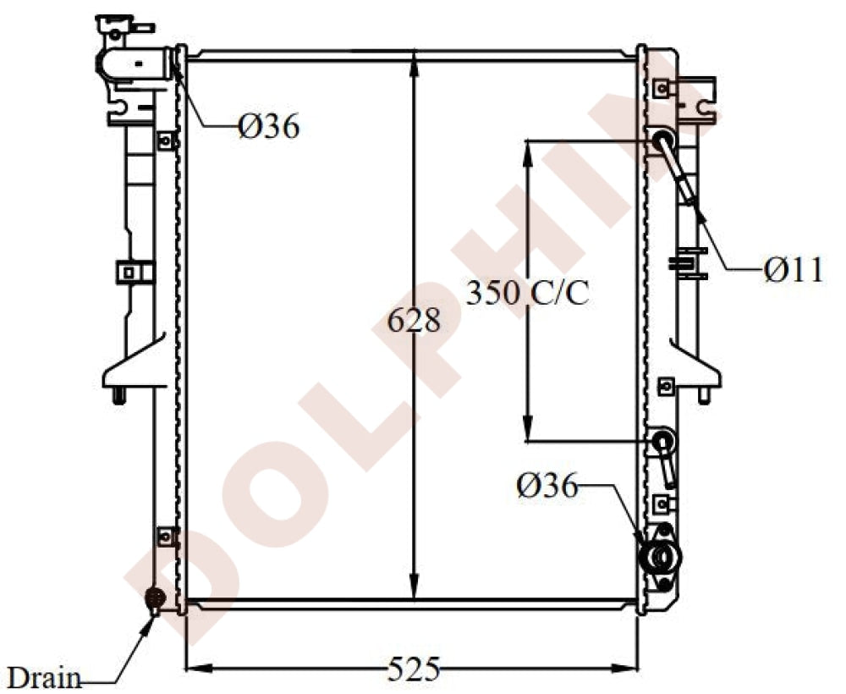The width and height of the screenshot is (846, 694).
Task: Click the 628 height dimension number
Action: [414, 321]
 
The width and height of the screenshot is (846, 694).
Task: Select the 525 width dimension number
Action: [414, 670]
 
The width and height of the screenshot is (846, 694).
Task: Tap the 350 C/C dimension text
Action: [527, 294]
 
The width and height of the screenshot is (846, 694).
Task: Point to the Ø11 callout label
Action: [793, 270]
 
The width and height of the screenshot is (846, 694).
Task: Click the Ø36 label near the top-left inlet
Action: [268, 127]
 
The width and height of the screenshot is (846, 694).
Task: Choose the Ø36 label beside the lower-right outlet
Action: [547, 486]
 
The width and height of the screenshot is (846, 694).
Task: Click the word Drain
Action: [44, 677]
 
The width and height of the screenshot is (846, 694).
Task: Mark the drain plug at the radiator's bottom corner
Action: [154, 598]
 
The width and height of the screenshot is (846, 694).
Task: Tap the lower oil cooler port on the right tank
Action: [662, 441]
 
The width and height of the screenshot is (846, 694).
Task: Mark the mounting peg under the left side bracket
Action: [118, 396]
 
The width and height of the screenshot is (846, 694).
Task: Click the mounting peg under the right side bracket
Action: [704, 395]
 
